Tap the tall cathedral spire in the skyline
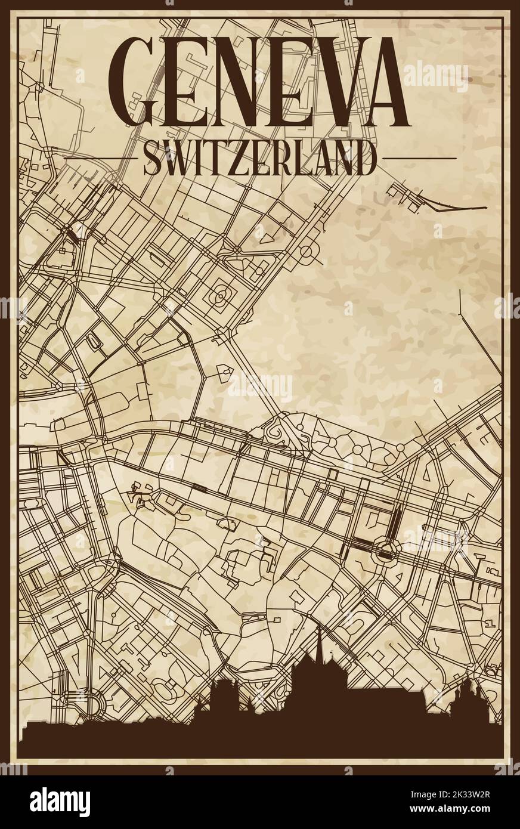(320, 641)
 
